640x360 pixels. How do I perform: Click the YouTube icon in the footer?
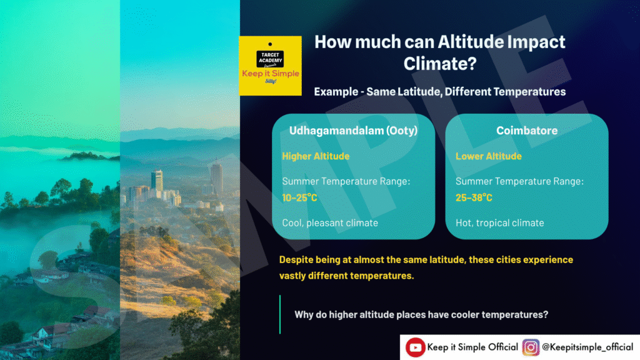[x=415, y=347]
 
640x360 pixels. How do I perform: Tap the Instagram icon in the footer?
[x=531, y=347]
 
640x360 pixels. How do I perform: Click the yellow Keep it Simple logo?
[x=270, y=66]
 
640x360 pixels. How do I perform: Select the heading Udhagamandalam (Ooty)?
[x=354, y=131]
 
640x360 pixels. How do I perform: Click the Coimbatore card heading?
[x=527, y=131]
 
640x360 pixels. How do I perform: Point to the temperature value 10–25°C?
[x=299, y=197]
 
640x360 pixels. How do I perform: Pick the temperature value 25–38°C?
[x=474, y=197]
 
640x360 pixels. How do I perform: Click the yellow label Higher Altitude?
[x=316, y=156]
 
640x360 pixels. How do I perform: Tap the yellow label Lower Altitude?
[x=489, y=156]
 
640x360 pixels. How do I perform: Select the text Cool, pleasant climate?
[x=330, y=223]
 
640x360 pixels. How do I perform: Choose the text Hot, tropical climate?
[x=499, y=223]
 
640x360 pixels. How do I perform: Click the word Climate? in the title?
[x=440, y=63]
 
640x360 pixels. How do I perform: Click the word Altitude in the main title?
[x=471, y=42]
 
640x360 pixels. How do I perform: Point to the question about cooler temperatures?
[x=421, y=315]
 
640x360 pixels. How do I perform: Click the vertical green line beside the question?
[x=280, y=315]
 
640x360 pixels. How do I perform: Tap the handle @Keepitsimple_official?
[x=587, y=347]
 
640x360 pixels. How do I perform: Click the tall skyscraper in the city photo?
[x=216, y=179]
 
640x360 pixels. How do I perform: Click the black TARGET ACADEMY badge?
[x=270, y=58]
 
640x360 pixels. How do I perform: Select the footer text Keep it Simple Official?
[x=472, y=347]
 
